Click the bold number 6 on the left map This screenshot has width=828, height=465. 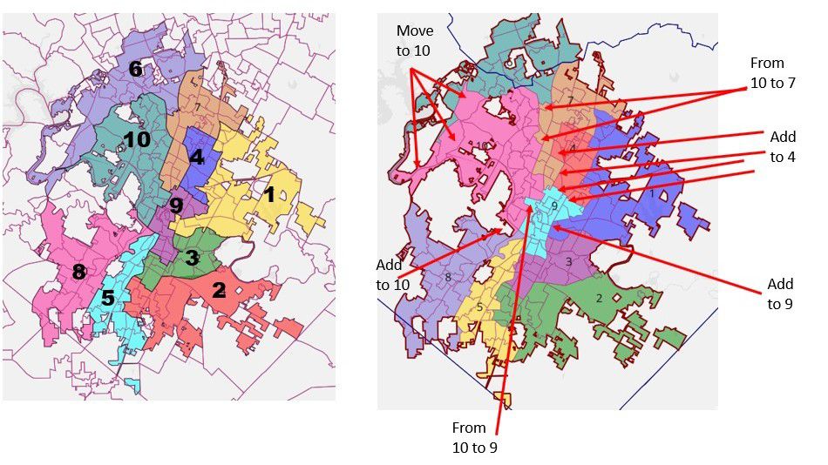pyautogui.click(x=135, y=69)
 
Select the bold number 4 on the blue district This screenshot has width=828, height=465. pyautogui.click(x=197, y=158)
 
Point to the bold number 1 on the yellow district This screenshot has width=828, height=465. pyautogui.click(x=269, y=195)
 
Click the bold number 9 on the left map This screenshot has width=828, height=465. pyautogui.click(x=176, y=206)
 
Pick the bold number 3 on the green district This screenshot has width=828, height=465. pyautogui.click(x=192, y=258)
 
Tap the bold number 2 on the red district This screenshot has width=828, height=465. pyautogui.click(x=219, y=291)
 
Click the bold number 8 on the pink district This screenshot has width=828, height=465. pyautogui.click(x=78, y=272)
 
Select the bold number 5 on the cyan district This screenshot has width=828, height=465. pyautogui.click(x=107, y=298)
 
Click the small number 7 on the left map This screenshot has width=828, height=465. pyautogui.click(x=198, y=107)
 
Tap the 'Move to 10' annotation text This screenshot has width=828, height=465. pyautogui.click(x=414, y=41)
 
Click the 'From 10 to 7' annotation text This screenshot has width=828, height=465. pyautogui.click(x=767, y=73)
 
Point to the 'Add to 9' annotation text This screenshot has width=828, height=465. pyautogui.click(x=780, y=294)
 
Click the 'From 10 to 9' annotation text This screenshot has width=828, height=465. pyautogui.click(x=475, y=437)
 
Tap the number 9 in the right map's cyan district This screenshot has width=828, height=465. pyautogui.click(x=553, y=206)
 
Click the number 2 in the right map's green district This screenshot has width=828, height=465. pyautogui.click(x=599, y=299)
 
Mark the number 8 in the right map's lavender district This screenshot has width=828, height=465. pyautogui.click(x=447, y=277)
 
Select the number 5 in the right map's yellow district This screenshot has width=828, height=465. pyautogui.click(x=479, y=307)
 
